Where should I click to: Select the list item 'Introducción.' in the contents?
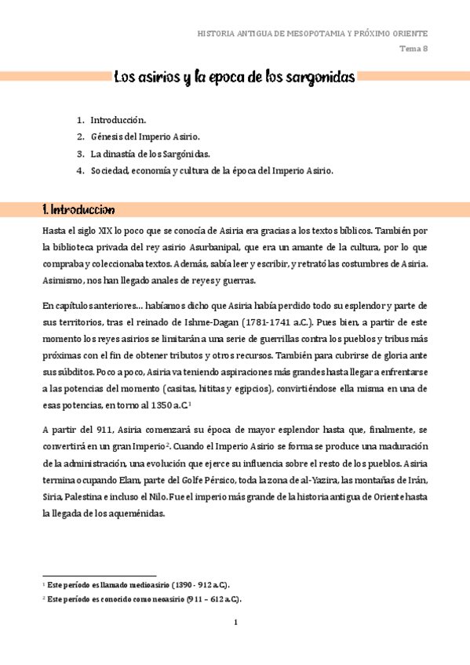118,120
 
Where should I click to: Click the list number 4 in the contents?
80,169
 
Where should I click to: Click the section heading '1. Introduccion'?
78,209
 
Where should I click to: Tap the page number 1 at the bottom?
235,623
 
